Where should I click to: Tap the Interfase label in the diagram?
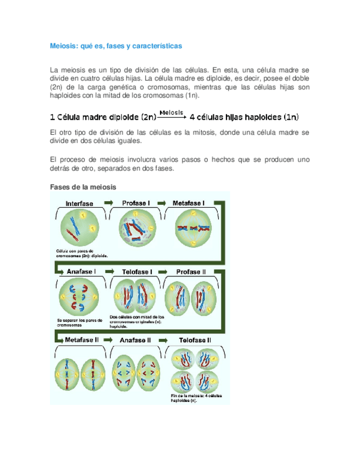pos(79,203)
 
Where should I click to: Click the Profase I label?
pos(136,203)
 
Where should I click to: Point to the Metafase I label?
pos(189,203)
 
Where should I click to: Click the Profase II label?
pos(191,272)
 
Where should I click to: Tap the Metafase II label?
pos(81,340)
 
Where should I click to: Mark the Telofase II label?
pos(195,340)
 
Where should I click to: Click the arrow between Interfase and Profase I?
pos(108,203)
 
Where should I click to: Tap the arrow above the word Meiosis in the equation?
pos(172,114)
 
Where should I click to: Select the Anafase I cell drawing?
pos(78,298)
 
